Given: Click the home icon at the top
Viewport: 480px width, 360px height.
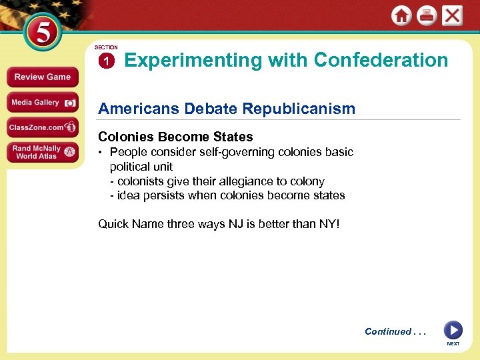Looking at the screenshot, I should point(401,16).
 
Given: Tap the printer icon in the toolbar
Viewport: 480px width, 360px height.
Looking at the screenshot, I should point(427,16).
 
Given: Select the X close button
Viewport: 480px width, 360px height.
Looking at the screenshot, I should point(452,16).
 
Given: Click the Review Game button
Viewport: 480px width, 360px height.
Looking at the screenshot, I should point(42,77).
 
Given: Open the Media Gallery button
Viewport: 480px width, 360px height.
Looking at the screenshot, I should point(42,103).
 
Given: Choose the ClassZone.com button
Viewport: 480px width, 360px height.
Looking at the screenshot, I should point(42,127).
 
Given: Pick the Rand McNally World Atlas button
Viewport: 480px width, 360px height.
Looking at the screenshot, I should point(42,153).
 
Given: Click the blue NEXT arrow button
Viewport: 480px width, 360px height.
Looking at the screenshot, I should point(453,330).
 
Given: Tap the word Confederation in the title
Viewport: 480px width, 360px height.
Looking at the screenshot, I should point(381,60).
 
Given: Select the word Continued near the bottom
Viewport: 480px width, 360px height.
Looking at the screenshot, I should point(388,331).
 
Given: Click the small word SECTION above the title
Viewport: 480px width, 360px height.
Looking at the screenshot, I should point(106,48).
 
